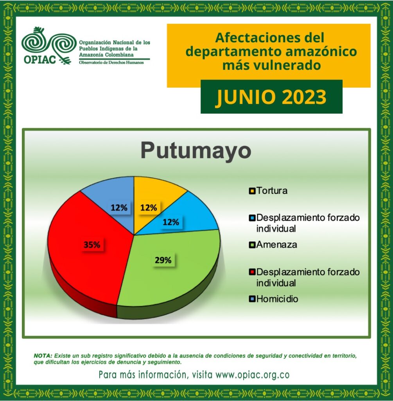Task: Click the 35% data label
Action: point(92,245)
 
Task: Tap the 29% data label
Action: point(163,260)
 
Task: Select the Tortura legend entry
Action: point(268,191)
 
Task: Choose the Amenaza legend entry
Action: point(273,245)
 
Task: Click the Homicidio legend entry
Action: point(273,299)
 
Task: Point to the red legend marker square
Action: point(252,272)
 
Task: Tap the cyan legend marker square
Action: point(252,218)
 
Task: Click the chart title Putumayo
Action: point(196,151)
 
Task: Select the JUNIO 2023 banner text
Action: point(271,97)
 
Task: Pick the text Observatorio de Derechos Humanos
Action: point(111,62)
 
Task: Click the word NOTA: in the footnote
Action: point(43,356)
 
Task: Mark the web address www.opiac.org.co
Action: point(253,375)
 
